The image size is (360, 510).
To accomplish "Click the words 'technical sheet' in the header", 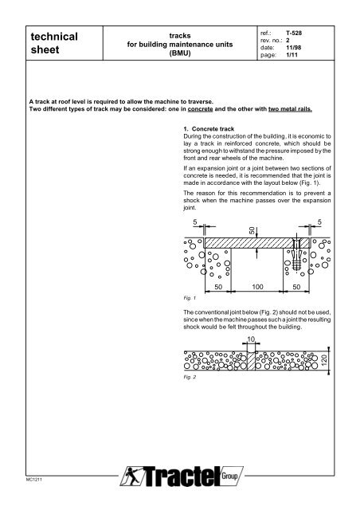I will pos(53,45).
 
